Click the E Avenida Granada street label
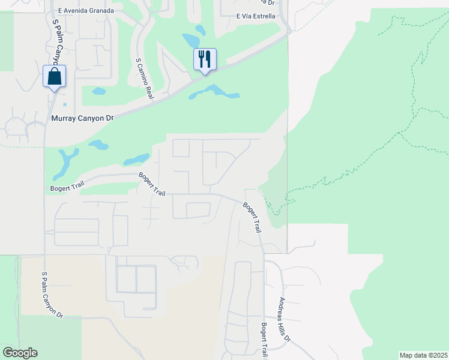pyautogui.click(x=86, y=11)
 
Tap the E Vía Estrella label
pyautogui.click(x=256, y=16)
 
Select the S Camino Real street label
pyautogui.click(x=144, y=79)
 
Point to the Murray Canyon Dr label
pyautogui.click(x=83, y=119)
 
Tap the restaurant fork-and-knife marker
pyautogui.click(x=204, y=60)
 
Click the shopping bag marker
pyautogui.click(x=54, y=77)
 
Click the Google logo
pyautogui.click(x=20, y=353)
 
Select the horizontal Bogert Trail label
pyautogui.click(x=67, y=188)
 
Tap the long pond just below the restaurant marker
pyautogui.click(x=215, y=92)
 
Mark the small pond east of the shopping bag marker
pyautogui.click(x=99, y=92)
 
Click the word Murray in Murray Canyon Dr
pyautogui.click(x=65, y=119)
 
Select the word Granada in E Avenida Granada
pyautogui.click(x=99, y=11)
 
